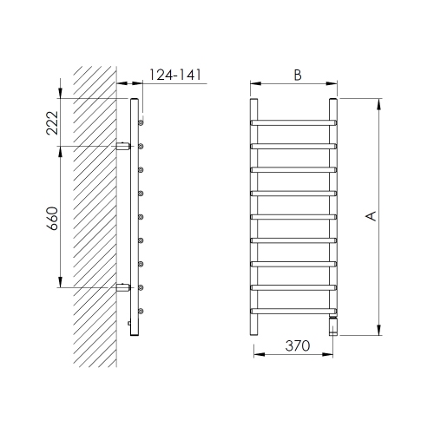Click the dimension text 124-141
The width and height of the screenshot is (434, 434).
coord(176,76)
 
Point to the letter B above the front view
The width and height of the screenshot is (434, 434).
coord(296,76)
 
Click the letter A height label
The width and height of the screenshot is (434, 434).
coord(372,215)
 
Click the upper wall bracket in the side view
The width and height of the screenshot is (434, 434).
coord(124,145)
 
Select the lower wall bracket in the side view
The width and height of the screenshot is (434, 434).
coord(124,286)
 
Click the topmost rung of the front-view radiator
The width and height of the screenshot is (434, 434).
coord(294,121)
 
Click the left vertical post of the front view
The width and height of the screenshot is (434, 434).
coord(254,217)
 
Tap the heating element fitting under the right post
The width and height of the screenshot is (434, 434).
coord(333,326)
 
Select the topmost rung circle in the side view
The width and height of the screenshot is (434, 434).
coord(141,122)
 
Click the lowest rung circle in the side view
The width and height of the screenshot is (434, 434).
coord(141,310)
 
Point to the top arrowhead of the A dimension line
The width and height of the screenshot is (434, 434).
coord(379,103)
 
